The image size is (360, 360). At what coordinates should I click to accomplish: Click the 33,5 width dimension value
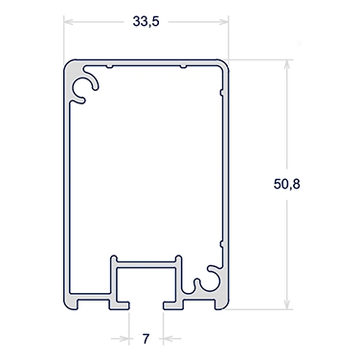(146, 22)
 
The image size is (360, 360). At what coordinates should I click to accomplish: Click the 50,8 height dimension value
(286, 184)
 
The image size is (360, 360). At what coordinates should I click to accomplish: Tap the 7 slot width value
(146, 338)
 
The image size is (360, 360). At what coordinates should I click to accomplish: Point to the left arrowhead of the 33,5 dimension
(69, 22)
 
